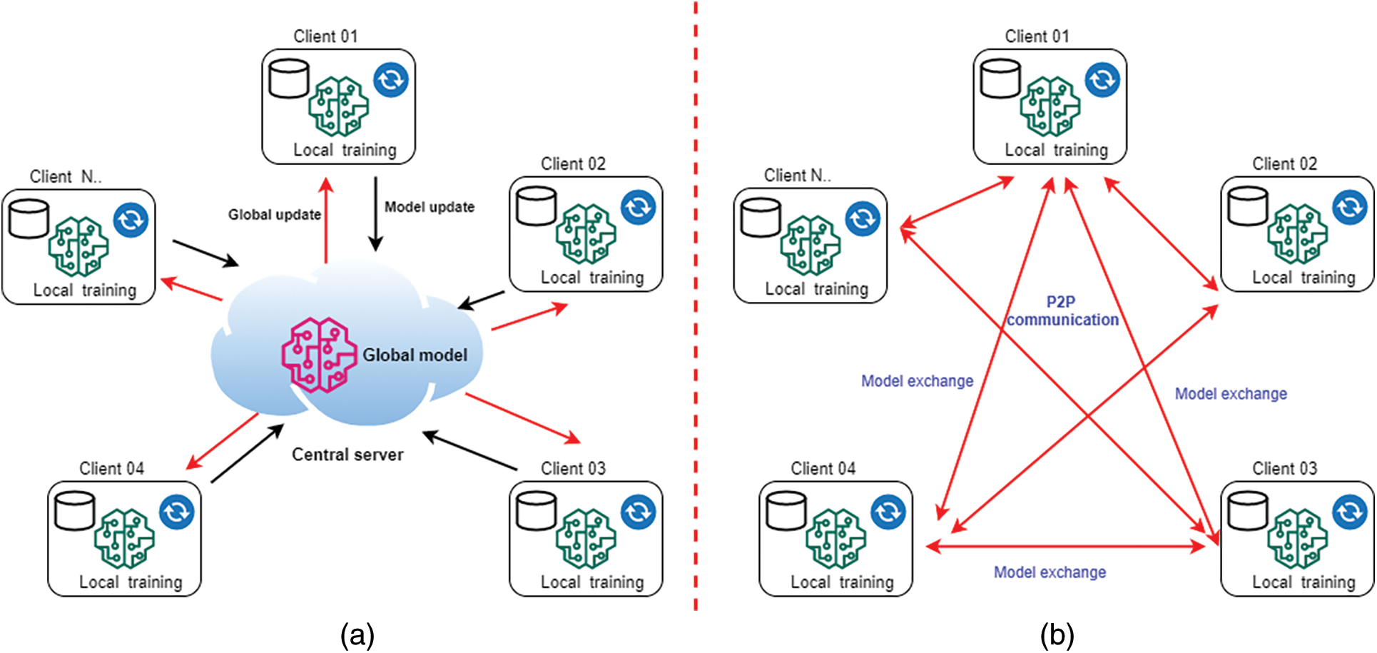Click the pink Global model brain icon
[x=319, y=355]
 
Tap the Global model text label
[x=415, y=355]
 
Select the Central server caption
[x=347, y=455]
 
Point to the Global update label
[x=275, y=215]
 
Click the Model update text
[x=430, y=207]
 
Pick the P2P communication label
[x=1062, y=311]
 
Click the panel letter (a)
[x=357, y=634]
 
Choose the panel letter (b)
[x=1057, y=634]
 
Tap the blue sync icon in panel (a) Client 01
[x=391, y=80]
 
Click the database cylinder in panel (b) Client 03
[x=1248, y=511]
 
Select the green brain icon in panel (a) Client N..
[x=78, y=246]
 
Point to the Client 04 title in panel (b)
[x=823, y=469]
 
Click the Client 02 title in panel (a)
[x=573, y=164]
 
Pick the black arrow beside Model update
[x=375, y=214]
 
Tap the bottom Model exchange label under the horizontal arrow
[x=1050, y=572]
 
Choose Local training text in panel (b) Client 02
[x=1304, y=278]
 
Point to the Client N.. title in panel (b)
[x=797, y=176]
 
